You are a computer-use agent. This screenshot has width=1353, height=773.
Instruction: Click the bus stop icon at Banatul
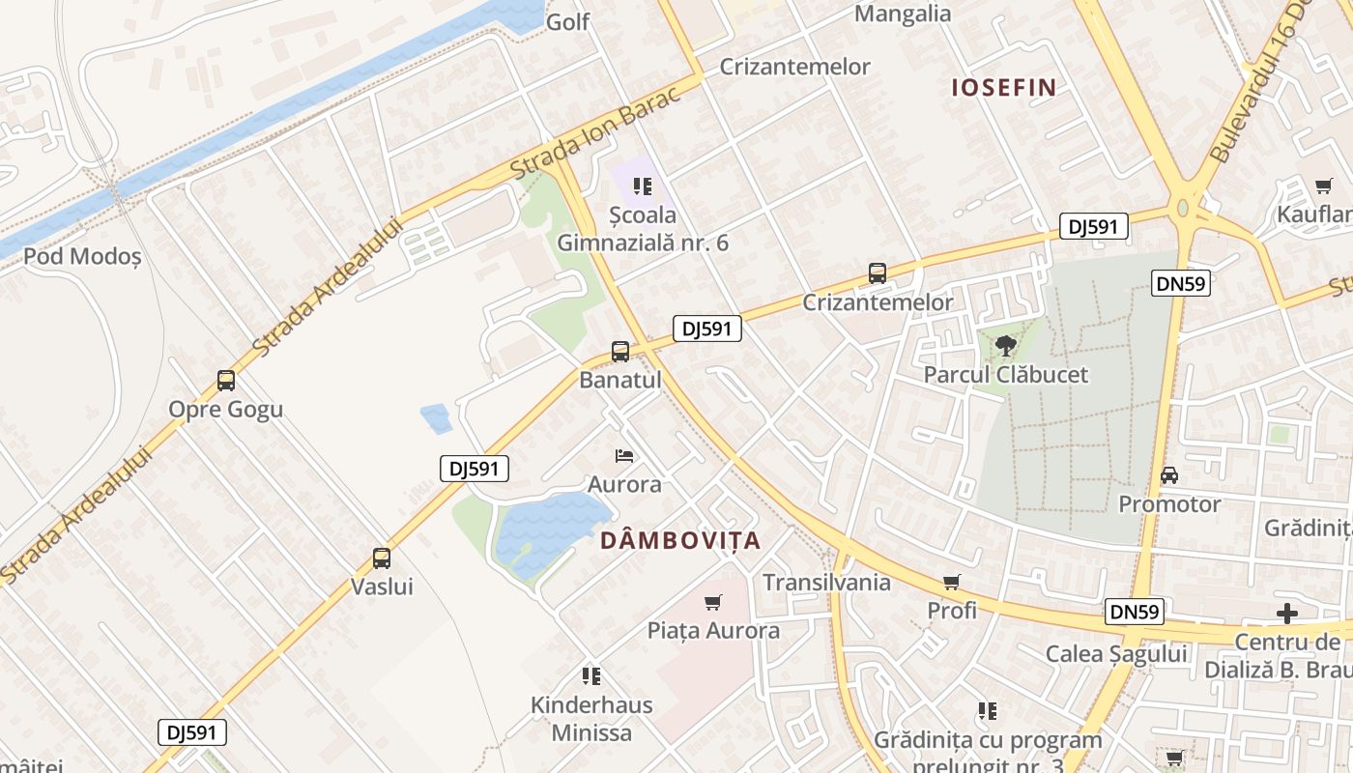coord(620,352)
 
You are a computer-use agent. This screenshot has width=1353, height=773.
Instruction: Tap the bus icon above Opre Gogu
coord(226,381)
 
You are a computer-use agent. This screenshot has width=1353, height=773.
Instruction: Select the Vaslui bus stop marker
coord(382,558)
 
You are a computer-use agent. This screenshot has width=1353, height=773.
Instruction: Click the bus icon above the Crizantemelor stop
coord(878,273)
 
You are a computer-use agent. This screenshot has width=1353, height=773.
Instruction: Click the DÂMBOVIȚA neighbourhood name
coord(680,541)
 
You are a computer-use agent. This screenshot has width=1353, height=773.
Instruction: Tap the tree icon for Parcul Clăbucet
coord(1005,346)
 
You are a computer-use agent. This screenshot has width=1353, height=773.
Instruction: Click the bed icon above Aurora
coord(624,455)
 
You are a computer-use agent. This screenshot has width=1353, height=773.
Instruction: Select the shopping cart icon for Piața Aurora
coord(713,603)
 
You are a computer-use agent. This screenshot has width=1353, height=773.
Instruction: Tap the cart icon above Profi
coord(952,583)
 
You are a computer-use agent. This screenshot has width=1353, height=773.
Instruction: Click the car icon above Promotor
coord(1168,475)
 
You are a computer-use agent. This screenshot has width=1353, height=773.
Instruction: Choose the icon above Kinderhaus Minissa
coord(591,676)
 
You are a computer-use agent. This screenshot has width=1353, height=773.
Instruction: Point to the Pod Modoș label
coord(82,257)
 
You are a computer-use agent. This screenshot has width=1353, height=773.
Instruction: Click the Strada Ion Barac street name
coord(604,126)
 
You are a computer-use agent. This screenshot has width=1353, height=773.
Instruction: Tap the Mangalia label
coord(904,14)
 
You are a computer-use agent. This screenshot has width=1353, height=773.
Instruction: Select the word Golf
coord(568,21)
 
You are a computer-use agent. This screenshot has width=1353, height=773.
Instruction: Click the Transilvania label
coord(826,583)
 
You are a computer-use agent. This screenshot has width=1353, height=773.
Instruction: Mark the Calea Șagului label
coord(1116,654)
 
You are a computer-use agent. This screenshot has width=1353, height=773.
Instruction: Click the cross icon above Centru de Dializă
coord(1286,614)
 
